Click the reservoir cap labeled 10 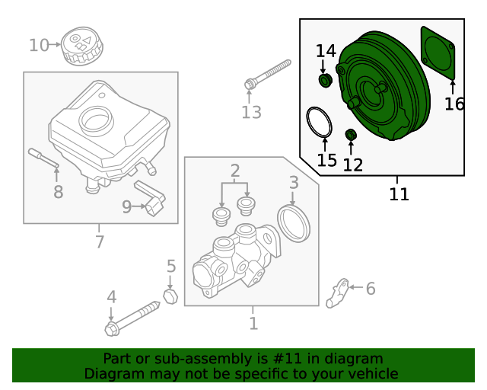pyautogui.click(x=80, y=46)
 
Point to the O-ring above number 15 pyautogui.click(x=320, y=123)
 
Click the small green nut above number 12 pyautogui.click(x=351, y=136)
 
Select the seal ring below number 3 pyautogui.click(x=294, y=221)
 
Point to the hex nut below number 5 pyautogui.click(x=170, y=295)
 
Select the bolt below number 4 pyautogui.click(x=133, y=318)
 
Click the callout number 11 pyautogui.click(x=399, y=194)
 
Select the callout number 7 pyautogui.click(x=99, y=242)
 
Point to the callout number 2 pyautogui.click(x=235, y=170)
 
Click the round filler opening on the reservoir pyautogui.click(x=97, y=119)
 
